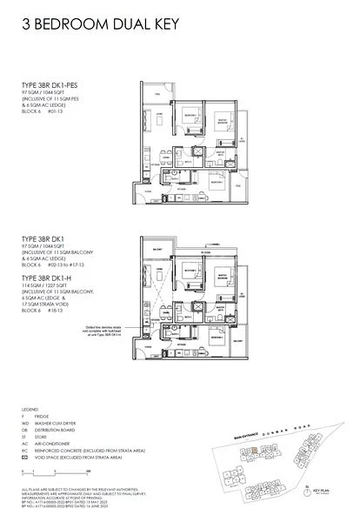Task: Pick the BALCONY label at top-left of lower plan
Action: [153, 248]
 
